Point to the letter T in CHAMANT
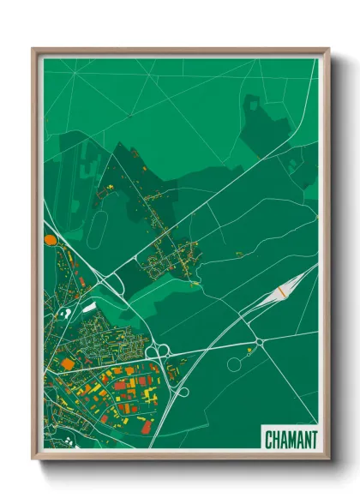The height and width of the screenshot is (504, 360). tap(313, 440)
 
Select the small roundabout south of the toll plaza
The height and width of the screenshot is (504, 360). tap(259, 342)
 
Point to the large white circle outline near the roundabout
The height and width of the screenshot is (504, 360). tap(234, 363)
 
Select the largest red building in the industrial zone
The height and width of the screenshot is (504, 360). tap(119, 386)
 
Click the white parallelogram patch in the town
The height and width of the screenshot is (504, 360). tap(88, 306)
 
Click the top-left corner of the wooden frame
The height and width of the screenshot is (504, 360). tap(33, 50)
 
